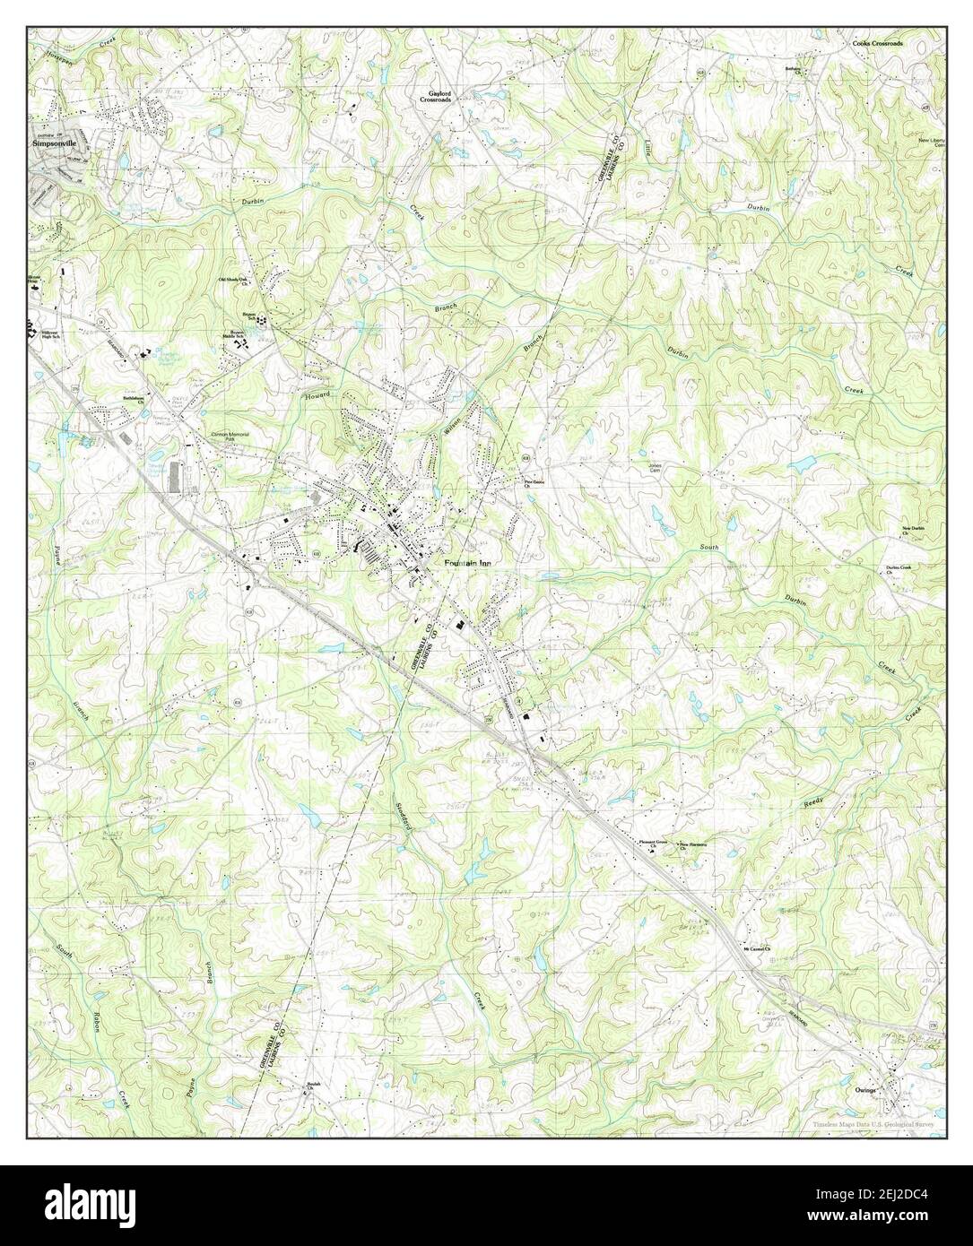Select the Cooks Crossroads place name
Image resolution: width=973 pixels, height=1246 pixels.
click(x=876, y=43)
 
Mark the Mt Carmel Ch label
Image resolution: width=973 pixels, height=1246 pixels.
click(x=756, y=950)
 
